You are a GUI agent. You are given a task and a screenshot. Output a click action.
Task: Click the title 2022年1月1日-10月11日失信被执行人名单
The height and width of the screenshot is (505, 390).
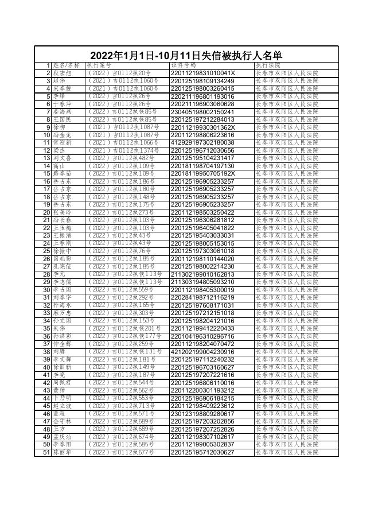186,56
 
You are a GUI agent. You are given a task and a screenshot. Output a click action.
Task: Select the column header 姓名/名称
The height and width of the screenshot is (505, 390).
67,65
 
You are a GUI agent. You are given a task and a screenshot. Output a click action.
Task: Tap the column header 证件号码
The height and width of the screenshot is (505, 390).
183,65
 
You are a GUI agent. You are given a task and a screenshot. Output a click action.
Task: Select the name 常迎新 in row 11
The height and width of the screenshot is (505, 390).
62,142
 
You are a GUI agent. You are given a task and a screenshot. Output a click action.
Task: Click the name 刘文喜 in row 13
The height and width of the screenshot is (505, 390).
62,158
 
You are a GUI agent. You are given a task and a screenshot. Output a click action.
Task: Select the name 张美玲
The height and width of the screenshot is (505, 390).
62,212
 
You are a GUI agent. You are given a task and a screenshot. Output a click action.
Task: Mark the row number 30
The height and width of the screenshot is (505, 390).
47,290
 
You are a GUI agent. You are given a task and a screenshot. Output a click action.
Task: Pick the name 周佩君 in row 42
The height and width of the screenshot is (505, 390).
62,383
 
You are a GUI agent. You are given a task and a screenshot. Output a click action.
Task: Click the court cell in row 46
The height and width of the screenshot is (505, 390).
286,414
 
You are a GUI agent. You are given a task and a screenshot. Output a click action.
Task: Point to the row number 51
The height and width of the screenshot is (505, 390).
47,453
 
